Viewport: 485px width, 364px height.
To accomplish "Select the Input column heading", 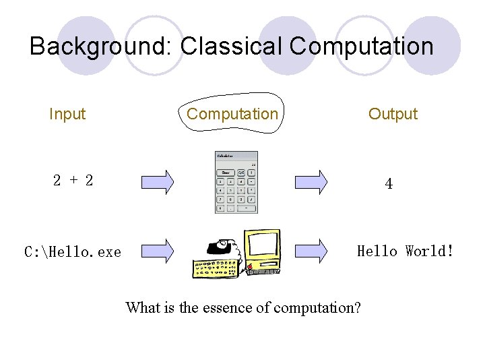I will tap(67, 114).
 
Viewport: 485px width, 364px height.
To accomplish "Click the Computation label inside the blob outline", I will tap(232, 114).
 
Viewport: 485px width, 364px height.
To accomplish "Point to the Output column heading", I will tap(393, 114).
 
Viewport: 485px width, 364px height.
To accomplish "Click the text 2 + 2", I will tap(73, 181).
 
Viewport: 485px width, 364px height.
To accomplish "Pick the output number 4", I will tap(389, 183).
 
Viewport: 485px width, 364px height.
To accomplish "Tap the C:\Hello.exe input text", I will tap(73, 252).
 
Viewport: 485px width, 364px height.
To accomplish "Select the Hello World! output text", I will tap(405, 251).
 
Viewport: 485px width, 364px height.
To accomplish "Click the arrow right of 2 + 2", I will tap(158, 181).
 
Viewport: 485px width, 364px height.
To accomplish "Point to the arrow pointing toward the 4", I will tap(312, 181).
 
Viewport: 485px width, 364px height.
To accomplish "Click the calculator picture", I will tap(236, 182).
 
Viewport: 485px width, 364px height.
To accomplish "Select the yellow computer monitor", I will tap(263, 251).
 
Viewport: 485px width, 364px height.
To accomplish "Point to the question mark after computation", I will tap(356, 308).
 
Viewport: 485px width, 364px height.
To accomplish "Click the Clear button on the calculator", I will tap(226, 173).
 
